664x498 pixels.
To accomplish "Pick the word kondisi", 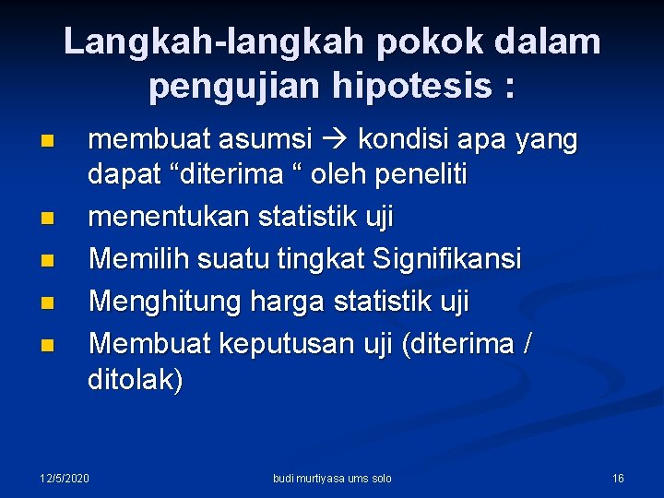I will pos(401,141).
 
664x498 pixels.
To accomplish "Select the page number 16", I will pos(618,478).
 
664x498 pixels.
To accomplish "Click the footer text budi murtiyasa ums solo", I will pos(332,478).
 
